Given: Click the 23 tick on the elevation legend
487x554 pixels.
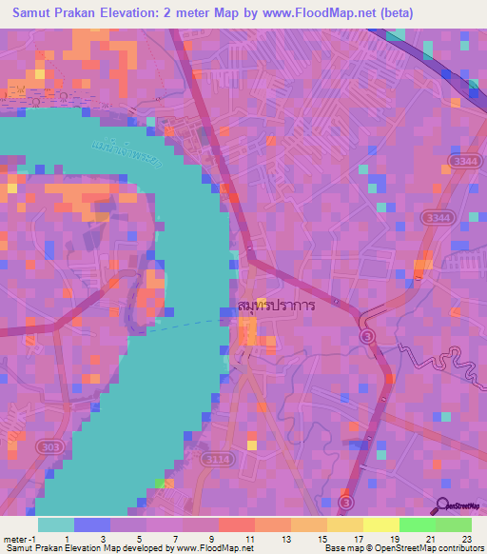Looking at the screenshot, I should coord(465,539).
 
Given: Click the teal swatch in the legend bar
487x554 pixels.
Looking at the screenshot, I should coord(55,524).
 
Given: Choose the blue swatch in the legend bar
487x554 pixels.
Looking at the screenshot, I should coord(92,524).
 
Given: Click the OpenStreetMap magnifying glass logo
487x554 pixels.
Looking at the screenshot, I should coord(442,506).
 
